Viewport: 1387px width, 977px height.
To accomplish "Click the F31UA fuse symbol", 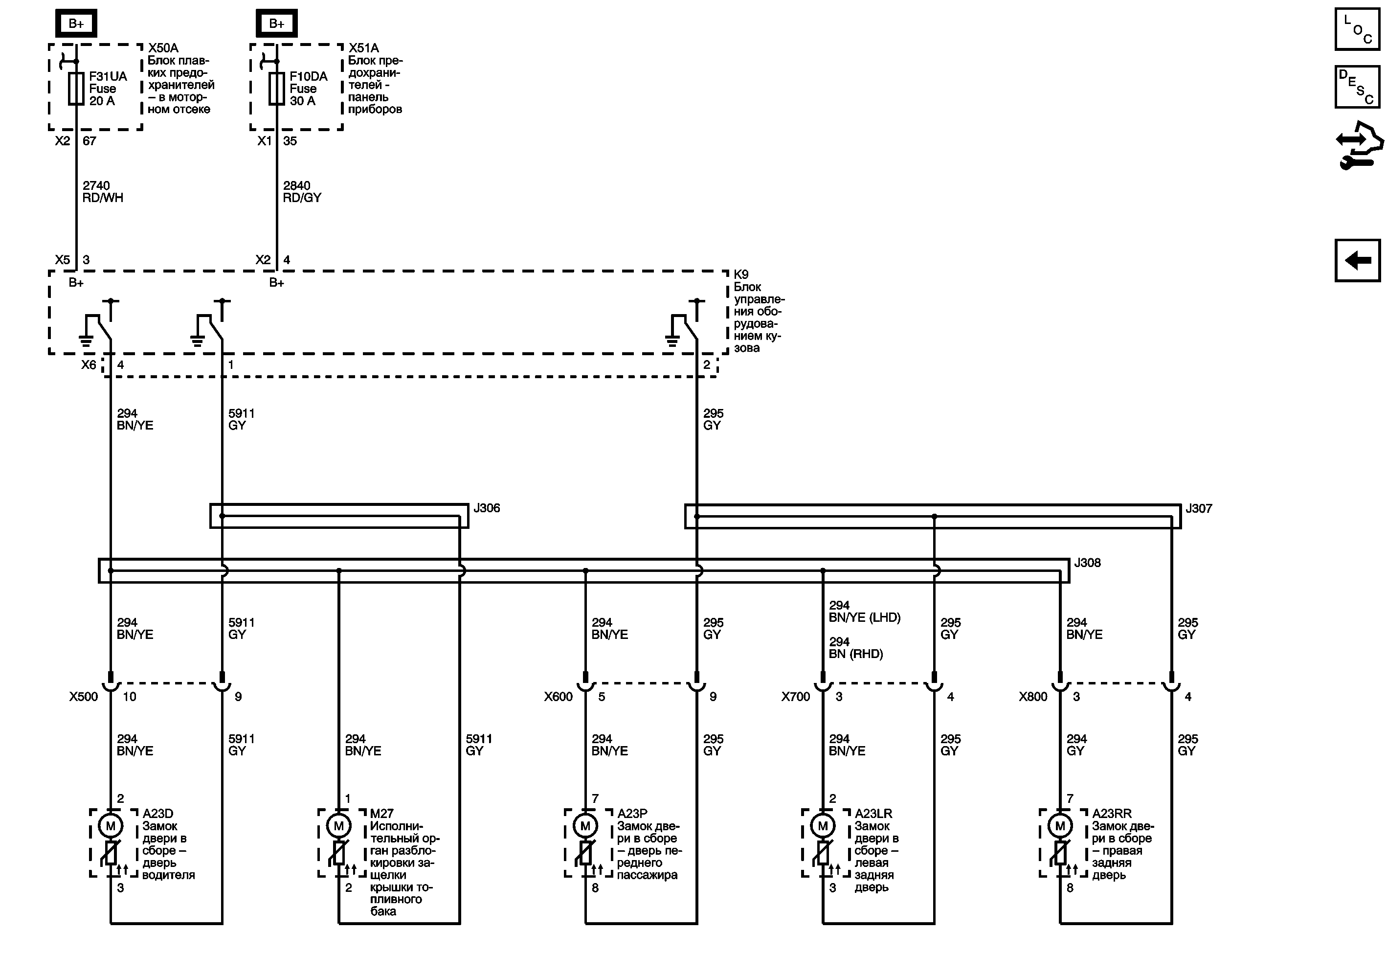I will (x=76, y=89).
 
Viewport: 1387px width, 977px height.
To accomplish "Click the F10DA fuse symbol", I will (x=277, y=89).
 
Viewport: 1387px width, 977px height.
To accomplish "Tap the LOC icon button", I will (x=1357, y=29).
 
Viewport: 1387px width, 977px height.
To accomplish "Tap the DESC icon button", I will (x=1357, y=87).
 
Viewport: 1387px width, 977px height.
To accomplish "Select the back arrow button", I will (x=1357, y=260).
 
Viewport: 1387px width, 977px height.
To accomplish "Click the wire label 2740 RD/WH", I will (x=102, y=191).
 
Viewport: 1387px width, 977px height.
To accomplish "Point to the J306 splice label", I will (x=486, y=508).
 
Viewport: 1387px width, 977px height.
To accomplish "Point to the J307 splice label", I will (x=1199, y=509).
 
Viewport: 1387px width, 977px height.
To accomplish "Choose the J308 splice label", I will (x=1087, y=563).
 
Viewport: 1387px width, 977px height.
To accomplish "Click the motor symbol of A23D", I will (x=111, y=826).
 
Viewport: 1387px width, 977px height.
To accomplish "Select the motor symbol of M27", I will (x=339, y=826).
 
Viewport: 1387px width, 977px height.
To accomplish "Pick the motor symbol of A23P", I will (x=585, y=826).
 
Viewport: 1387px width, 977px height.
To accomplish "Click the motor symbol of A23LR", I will (x=823, y=826).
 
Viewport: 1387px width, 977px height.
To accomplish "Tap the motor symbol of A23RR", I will (x=1060, y=826).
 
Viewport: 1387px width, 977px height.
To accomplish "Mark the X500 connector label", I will (x=83, y=697).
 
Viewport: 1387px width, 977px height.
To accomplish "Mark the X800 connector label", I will (x=1033, y=697).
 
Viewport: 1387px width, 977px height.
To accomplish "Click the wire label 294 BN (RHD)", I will (x=855, y=648).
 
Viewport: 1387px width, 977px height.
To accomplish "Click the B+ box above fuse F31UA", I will (x=76, y=23).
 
